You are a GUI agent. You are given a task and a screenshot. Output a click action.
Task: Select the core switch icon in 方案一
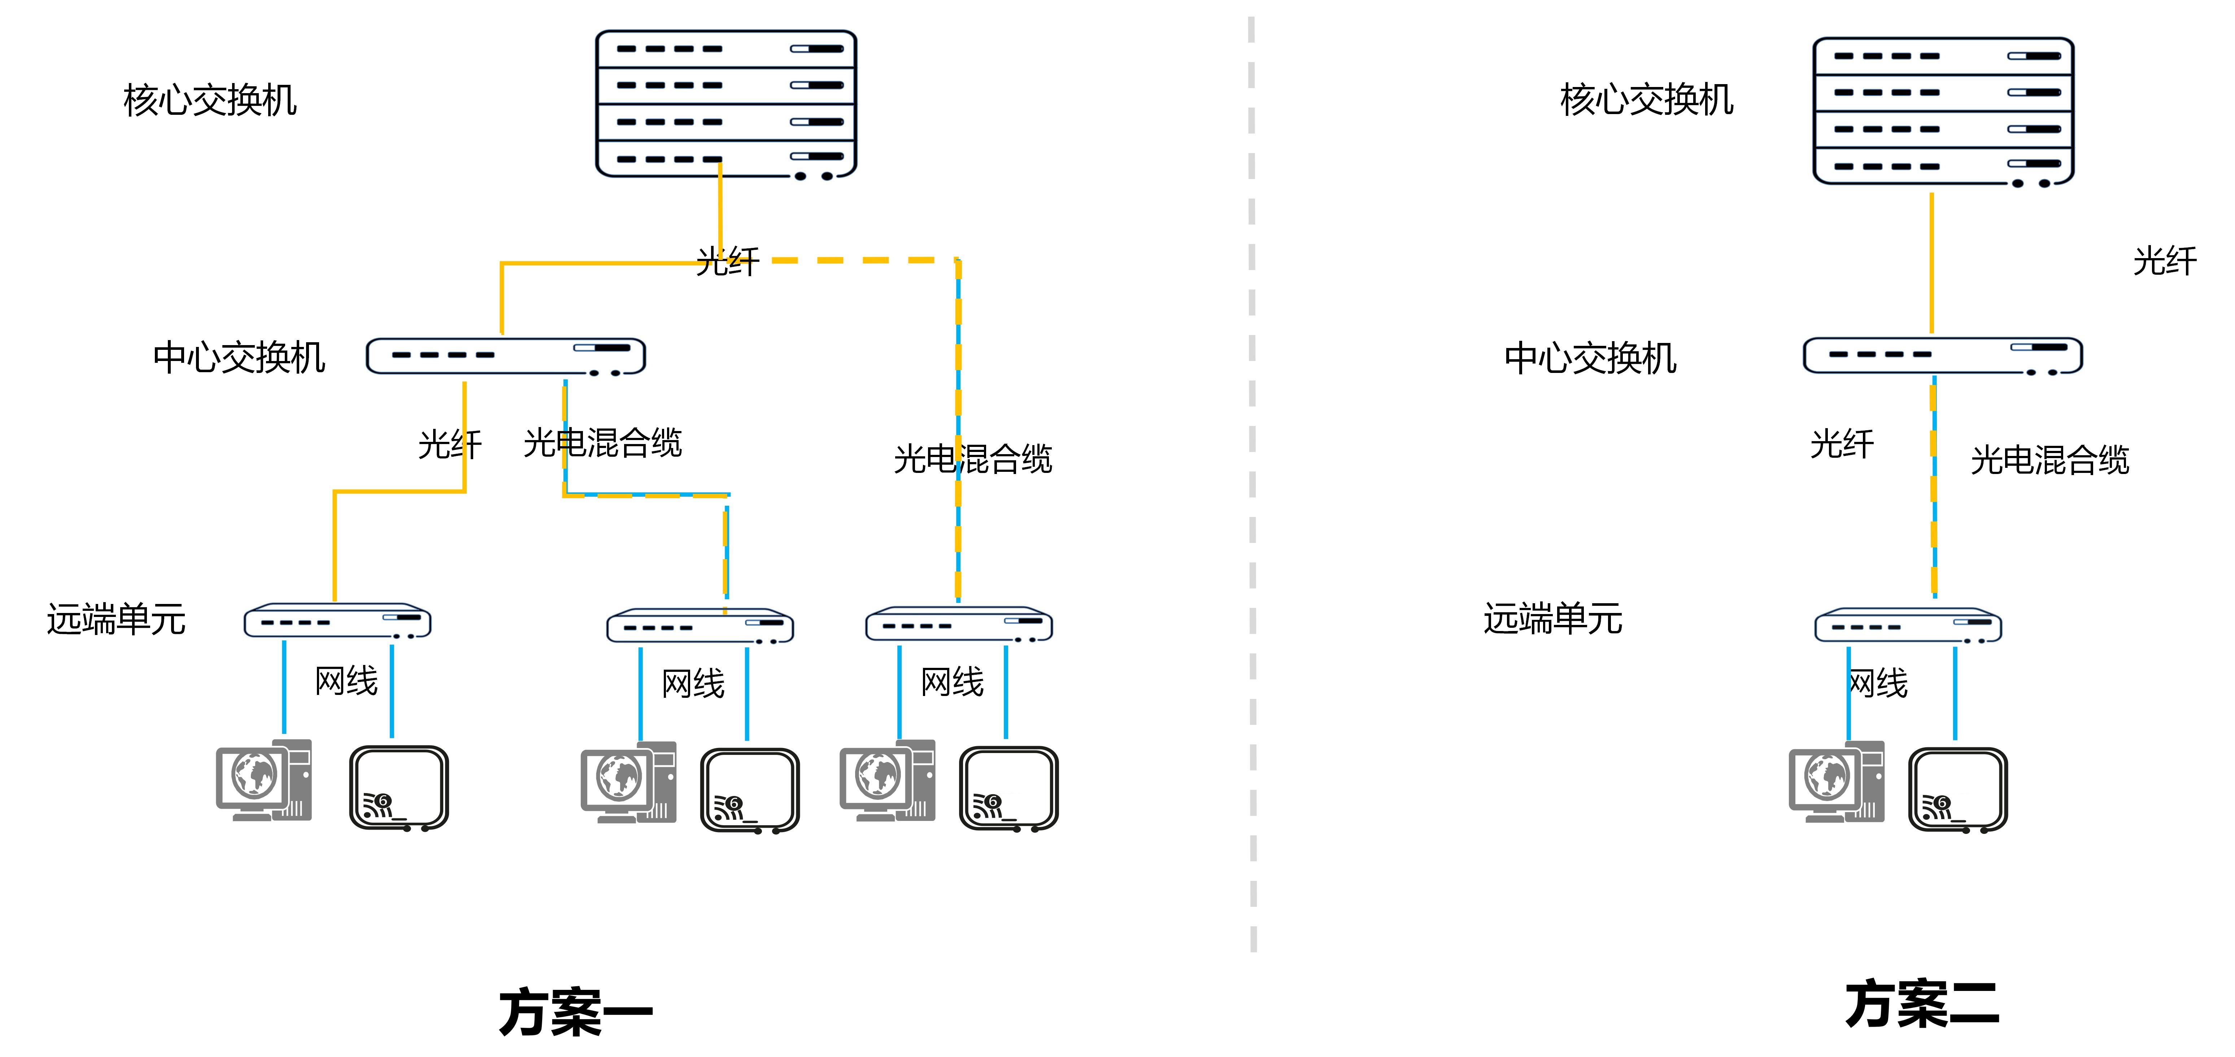coord(726,104)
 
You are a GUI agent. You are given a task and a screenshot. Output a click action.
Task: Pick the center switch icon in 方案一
coord(506,356)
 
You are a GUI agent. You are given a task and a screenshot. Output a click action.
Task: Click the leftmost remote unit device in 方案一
coord(337,621)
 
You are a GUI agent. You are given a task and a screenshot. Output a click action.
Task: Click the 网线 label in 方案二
coord(1878,683)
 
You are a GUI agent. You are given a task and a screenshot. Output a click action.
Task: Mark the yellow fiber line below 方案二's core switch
coord(1931,260)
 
